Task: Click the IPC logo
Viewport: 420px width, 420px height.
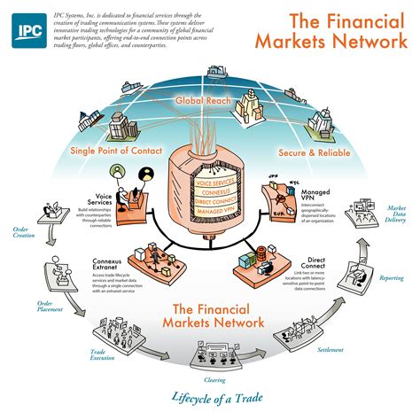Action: (27, 29)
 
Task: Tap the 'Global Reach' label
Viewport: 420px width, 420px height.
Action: (204, 102)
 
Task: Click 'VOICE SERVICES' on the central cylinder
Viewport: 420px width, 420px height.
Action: (214, 182)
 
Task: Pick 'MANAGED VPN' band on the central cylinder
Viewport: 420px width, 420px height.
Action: (214, 214)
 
